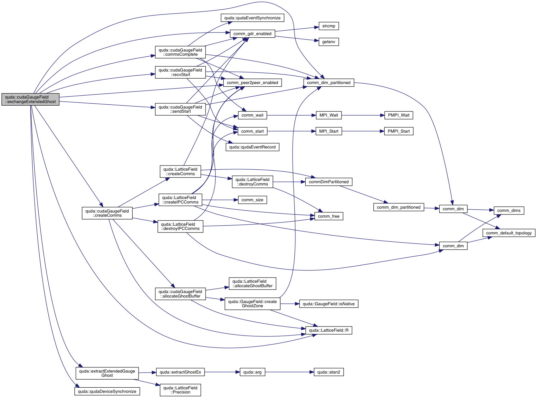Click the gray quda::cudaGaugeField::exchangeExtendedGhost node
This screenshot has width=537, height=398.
(30, 99)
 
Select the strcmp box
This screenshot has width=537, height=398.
(329, 26)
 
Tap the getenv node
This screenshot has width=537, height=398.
(329, 42)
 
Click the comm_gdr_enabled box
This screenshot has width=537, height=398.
(252, 34)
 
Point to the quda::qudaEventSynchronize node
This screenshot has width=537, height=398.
(252, 18)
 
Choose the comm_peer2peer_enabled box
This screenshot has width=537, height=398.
(252, 83)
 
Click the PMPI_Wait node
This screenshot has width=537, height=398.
(398, 115)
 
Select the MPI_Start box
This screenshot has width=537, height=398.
(329, 131)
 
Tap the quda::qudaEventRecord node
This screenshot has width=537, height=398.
(252, 147)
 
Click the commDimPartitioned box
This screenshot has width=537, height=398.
(329, 182)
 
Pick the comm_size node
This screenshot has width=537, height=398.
(252, 200)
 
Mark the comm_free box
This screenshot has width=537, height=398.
(329, 216)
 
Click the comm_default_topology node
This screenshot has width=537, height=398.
(509, 233)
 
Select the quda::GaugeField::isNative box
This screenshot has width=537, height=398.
(329, 304)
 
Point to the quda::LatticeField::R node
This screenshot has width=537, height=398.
(329, 330)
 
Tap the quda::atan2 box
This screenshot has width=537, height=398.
(329, 372)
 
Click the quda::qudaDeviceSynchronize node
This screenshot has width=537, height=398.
(107, 392)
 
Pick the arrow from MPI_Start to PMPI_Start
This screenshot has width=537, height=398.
(363, 131)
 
